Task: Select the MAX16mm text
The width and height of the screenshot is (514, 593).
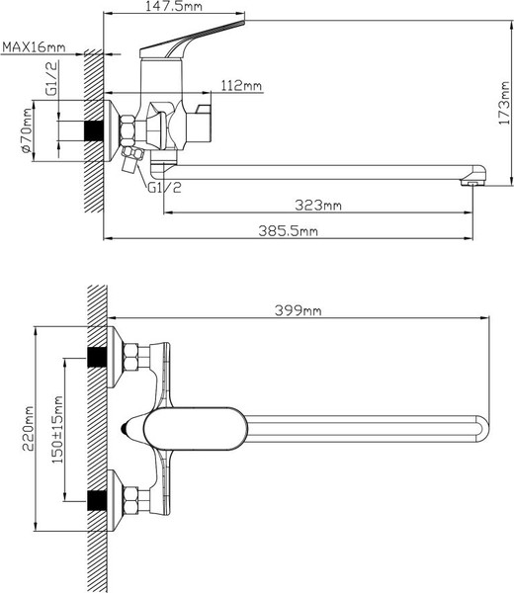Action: coord(34,46)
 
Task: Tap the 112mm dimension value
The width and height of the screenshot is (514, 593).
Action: coord(242,86)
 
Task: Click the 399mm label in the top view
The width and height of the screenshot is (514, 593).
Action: coord(298,309)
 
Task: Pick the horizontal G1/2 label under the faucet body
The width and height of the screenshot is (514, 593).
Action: coord(165,187)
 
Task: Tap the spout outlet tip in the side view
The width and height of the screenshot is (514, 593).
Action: coord(473,178)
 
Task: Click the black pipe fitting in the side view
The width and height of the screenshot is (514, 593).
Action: coord(96,130)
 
